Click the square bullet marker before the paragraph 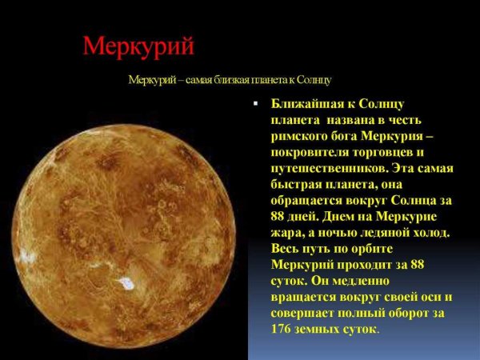point(255,105)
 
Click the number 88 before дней point(280,216)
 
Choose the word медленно point(358,281)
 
